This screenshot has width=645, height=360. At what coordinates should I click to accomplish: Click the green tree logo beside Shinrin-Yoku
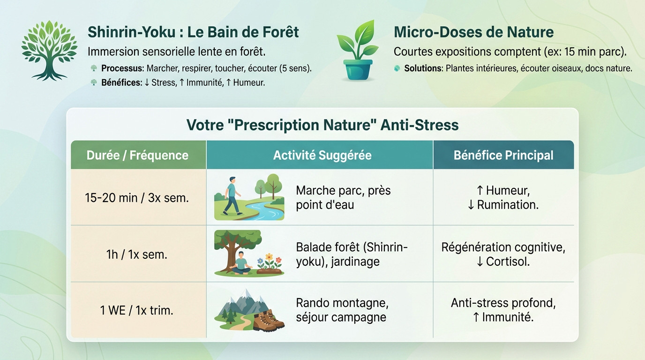tap(49, 50)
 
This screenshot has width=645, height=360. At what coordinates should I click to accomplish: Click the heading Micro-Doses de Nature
tap(473, 32)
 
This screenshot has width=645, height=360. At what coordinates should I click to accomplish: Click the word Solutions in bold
tap(423, 68)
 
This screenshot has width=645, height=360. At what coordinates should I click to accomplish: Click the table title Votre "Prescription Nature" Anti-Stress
tap(322, 125)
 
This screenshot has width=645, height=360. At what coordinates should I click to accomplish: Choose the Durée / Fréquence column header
tap(137, 155)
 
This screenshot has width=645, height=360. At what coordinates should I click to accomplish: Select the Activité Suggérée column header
tap(322, 155)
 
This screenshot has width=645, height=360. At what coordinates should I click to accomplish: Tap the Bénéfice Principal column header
tap(503, 155)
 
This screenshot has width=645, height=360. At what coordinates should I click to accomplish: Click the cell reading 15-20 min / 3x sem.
tap(137, 198)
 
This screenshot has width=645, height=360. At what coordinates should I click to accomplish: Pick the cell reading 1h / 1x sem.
tap(137, 255)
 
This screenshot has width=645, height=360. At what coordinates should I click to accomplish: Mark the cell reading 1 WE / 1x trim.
tap(137, 310)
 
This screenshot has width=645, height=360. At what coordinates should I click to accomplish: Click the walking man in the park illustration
tap(231, 196)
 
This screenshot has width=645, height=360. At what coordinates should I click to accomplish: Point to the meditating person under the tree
tap(240, 262)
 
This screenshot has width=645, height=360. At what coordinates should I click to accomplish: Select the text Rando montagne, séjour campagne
tap(342, 310)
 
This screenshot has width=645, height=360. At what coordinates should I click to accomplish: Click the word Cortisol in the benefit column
tap(507, 262)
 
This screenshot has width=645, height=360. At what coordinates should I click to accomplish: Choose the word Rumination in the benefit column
tap(507, 205)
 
